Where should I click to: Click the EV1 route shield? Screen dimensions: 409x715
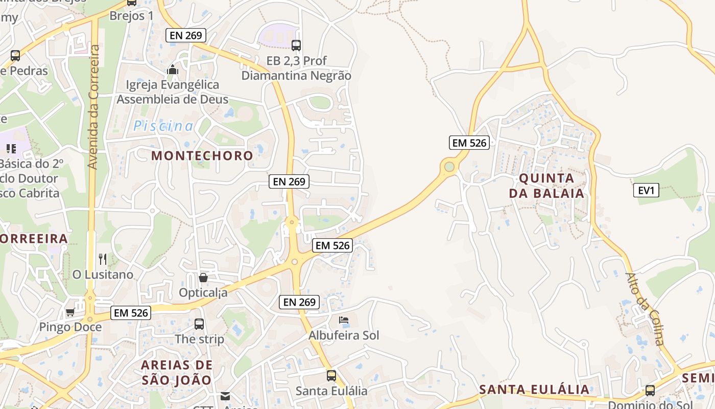pyautogui.click(x=646, y=191)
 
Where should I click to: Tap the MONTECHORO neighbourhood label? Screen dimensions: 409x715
pyautogui.click(x=202, y=155)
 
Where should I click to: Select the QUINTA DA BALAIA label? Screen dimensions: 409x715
pyautogui.click(x=546, y=186)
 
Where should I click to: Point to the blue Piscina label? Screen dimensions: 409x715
pyautogui.click(x=163, y=126)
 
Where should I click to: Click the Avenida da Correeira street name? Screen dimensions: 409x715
pyautogui.click(x=93, y=107)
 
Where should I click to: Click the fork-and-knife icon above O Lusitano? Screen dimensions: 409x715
pyautogui.click(x=103, y=259)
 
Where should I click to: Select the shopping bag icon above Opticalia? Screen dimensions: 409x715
pyautogui.click(x=203, y=278)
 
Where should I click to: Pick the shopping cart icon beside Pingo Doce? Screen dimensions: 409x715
pyautogui.click(x=70, y=312)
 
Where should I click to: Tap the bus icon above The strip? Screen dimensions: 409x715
pyautogui.click(x=199, y=324)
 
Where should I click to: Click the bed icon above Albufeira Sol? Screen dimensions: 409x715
pyautogui.click(x=344, y=321)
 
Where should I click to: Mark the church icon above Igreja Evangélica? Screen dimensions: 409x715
pyautogui.click(x=173, y=70)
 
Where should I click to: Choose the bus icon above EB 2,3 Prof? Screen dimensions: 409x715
pyautogui.click(x=296, y=45)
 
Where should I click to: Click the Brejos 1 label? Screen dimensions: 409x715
pyautogui.click(x=132, y=15)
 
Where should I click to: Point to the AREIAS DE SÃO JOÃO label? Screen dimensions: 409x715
pyautogui.click(x=177, y=373)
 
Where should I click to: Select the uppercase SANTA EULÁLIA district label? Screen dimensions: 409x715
pyautogui.click(x=534, y=390)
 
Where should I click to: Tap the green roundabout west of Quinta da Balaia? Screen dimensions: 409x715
pyautogui.click(x=449, y=166)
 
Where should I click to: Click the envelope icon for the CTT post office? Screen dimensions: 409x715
pyautogui.click(x=225, y=396)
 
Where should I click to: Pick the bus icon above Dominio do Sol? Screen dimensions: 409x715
pyautogui.click(x=650, y=391)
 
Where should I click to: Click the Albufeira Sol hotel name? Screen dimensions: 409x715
pyautogui.click(x=344, y=336)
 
